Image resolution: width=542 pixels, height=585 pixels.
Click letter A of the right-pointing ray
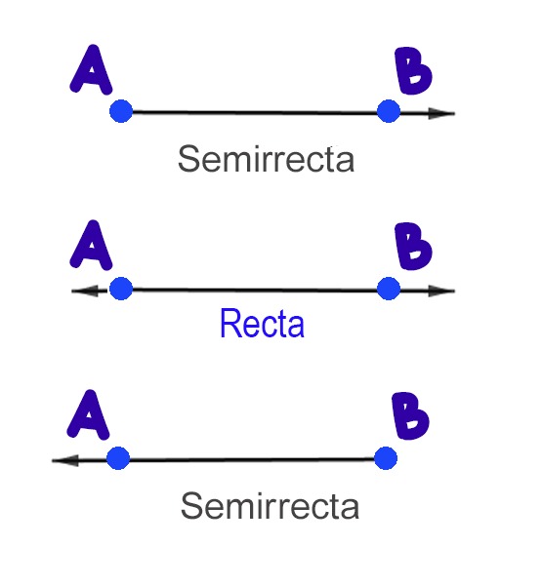(91, 70)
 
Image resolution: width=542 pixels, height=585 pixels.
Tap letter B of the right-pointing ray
(413, 70)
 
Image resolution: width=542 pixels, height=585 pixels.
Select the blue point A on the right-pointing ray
(121, 111)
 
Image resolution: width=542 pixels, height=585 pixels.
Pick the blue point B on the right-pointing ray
(389, 111)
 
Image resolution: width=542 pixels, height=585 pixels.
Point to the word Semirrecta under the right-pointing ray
(266, 159)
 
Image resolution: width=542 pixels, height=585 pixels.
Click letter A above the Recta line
(91, 245)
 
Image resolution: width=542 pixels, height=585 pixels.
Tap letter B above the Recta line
(413, 247)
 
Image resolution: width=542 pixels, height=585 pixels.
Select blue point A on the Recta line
(121, 289)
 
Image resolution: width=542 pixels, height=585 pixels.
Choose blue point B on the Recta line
(389, 289)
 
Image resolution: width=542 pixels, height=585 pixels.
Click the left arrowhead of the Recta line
(85, 291)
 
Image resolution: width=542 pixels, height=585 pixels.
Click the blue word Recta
(262, 324)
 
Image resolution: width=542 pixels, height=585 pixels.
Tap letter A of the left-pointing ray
(88, 414)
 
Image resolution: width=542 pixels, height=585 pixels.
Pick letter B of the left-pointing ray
(410, 415)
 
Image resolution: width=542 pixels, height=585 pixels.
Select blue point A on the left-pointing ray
(118, 458)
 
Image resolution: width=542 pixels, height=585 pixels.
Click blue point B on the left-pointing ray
(386, 458)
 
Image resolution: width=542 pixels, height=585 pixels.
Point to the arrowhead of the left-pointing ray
(65, 460)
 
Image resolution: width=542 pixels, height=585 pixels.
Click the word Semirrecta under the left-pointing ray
(270, 506)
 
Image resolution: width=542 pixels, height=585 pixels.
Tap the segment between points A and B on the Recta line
(255, 290)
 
